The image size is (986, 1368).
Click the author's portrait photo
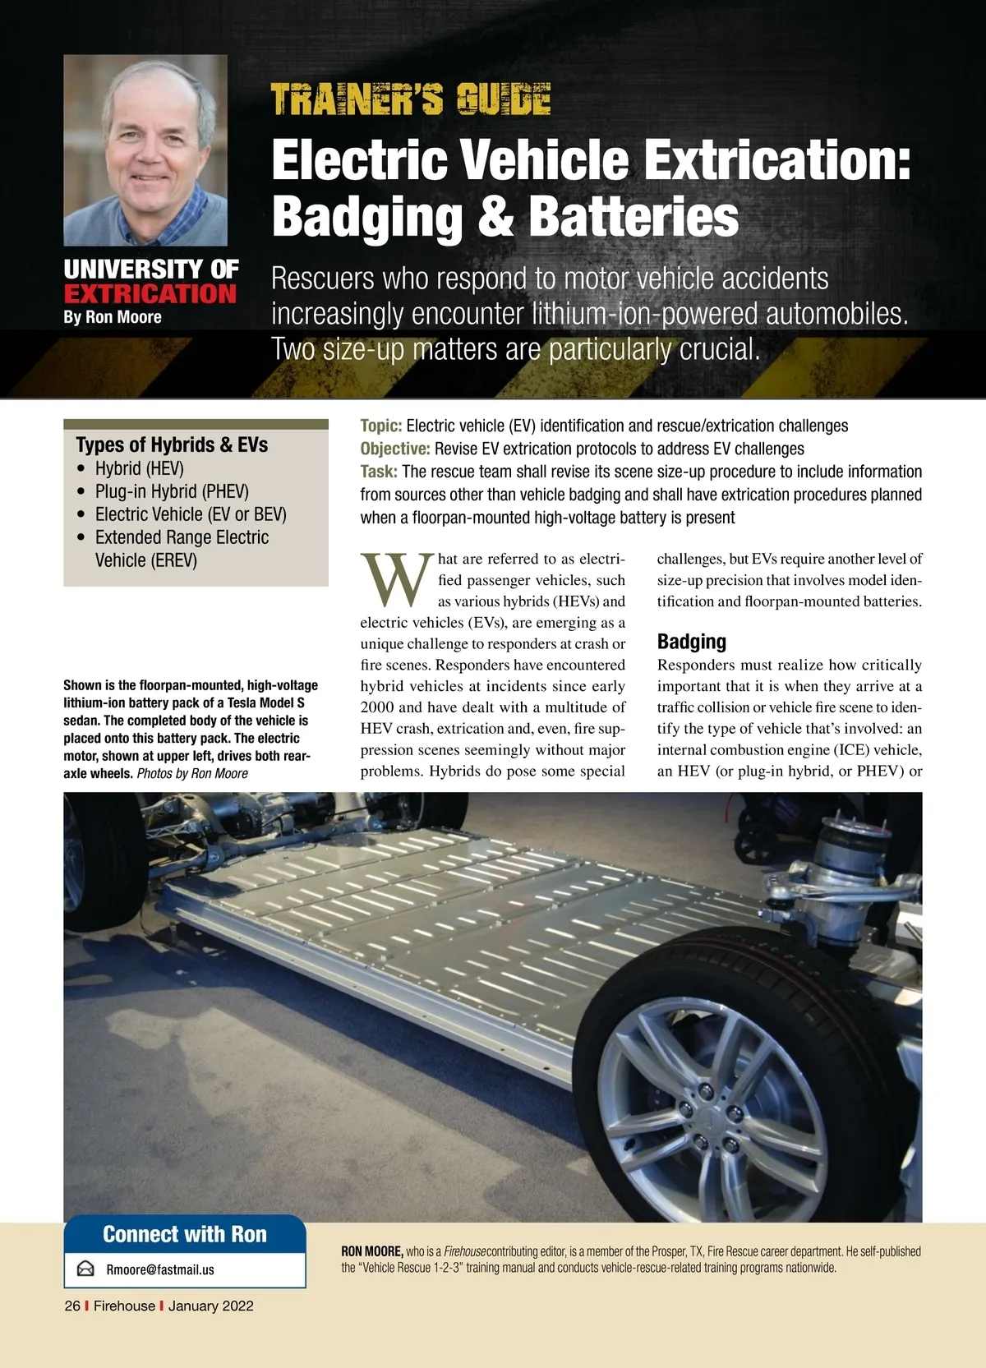click(145, 150)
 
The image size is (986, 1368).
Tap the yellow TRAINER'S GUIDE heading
click(410, 99)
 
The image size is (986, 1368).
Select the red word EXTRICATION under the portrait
click(150, 294)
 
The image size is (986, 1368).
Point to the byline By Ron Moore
click(113, 317)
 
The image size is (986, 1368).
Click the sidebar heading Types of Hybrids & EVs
click(172, 444)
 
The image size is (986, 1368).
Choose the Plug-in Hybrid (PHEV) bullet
click(172, 491)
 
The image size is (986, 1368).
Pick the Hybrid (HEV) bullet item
click(140, 468)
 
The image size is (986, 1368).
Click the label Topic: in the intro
click(380, 426)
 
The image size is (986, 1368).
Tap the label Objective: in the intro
click(395, 449)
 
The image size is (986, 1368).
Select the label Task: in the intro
click(379, 472)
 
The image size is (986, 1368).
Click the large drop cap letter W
click(396, 579)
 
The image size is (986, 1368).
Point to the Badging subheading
click(692, 642)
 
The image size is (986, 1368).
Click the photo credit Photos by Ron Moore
click(192, 773)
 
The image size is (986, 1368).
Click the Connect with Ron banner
click(185, 1234)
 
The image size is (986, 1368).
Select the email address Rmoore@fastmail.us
click(160, 1269)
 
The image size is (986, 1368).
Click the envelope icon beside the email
click(85, 1269)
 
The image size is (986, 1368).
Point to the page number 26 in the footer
click(72, 1306)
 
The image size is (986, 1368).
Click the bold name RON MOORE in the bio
click(371, 1251)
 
